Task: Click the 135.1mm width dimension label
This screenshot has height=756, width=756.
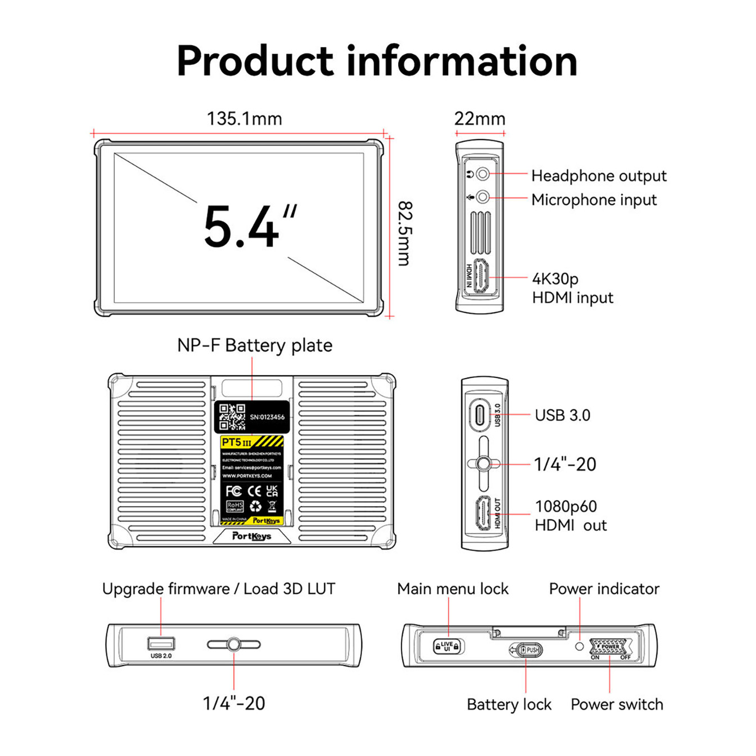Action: pos(244,119)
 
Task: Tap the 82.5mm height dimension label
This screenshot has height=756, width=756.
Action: pos(405,233)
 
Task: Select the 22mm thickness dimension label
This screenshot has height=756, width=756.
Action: pos(479,119)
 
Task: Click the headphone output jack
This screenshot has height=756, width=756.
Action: pos(482,174)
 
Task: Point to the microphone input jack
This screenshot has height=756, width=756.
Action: pos(482,197)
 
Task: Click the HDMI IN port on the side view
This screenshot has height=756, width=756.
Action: pos(481,276)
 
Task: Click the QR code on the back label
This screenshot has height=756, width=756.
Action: pos(232,417)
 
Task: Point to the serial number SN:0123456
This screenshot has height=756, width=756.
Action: pos(267,417)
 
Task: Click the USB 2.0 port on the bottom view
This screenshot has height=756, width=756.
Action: pos(161,643)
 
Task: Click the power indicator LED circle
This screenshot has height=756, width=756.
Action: pos(579,646)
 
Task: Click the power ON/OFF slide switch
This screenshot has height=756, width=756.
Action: pos(610,647)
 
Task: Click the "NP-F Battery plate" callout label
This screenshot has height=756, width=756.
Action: pos(254,345)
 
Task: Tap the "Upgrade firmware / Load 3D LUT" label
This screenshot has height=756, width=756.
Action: pos(218,589)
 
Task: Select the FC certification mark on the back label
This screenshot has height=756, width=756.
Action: pos(233,491)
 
